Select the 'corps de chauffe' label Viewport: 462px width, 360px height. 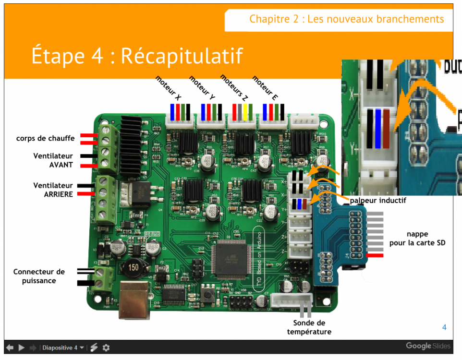45,138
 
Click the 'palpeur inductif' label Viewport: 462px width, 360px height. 378,200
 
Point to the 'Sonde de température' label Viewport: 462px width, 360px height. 309,327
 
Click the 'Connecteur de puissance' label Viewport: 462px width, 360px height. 39,276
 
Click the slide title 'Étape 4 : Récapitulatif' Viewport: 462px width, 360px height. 137,55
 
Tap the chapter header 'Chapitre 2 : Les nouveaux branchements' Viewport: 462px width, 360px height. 346,19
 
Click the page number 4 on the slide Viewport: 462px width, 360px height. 444,327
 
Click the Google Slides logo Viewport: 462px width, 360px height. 428,346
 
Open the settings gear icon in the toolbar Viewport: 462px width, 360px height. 106,348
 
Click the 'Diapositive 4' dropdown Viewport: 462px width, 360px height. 63,348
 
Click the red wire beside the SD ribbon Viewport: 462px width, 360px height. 375,256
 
